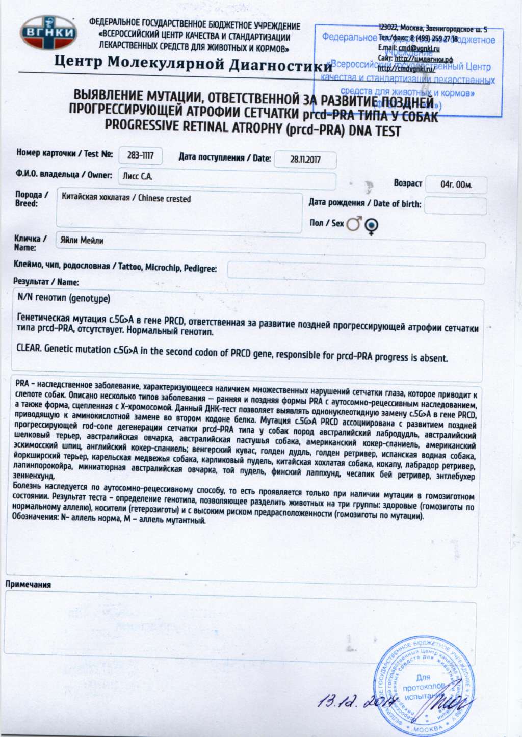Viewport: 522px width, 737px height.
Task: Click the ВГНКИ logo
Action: [48, 33]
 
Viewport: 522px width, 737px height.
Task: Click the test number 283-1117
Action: [140, 155]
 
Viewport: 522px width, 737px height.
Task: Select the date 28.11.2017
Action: [305, 160]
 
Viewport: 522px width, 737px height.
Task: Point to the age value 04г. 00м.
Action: [456, 185]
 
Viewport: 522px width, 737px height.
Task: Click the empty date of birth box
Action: [455, 205]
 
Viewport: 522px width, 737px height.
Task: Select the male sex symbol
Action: [354, 224]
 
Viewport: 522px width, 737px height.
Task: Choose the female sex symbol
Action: [371, 225]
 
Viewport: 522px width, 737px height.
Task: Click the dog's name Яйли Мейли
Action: [82, 240]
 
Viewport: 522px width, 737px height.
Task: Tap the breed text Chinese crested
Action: [164, 198]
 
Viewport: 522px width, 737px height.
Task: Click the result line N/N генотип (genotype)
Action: [64, 298]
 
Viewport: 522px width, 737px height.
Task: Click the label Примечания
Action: [28, 584]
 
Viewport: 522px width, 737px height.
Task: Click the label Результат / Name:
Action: [46, 282]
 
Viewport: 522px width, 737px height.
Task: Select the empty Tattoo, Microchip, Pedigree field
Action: [355, 269]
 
